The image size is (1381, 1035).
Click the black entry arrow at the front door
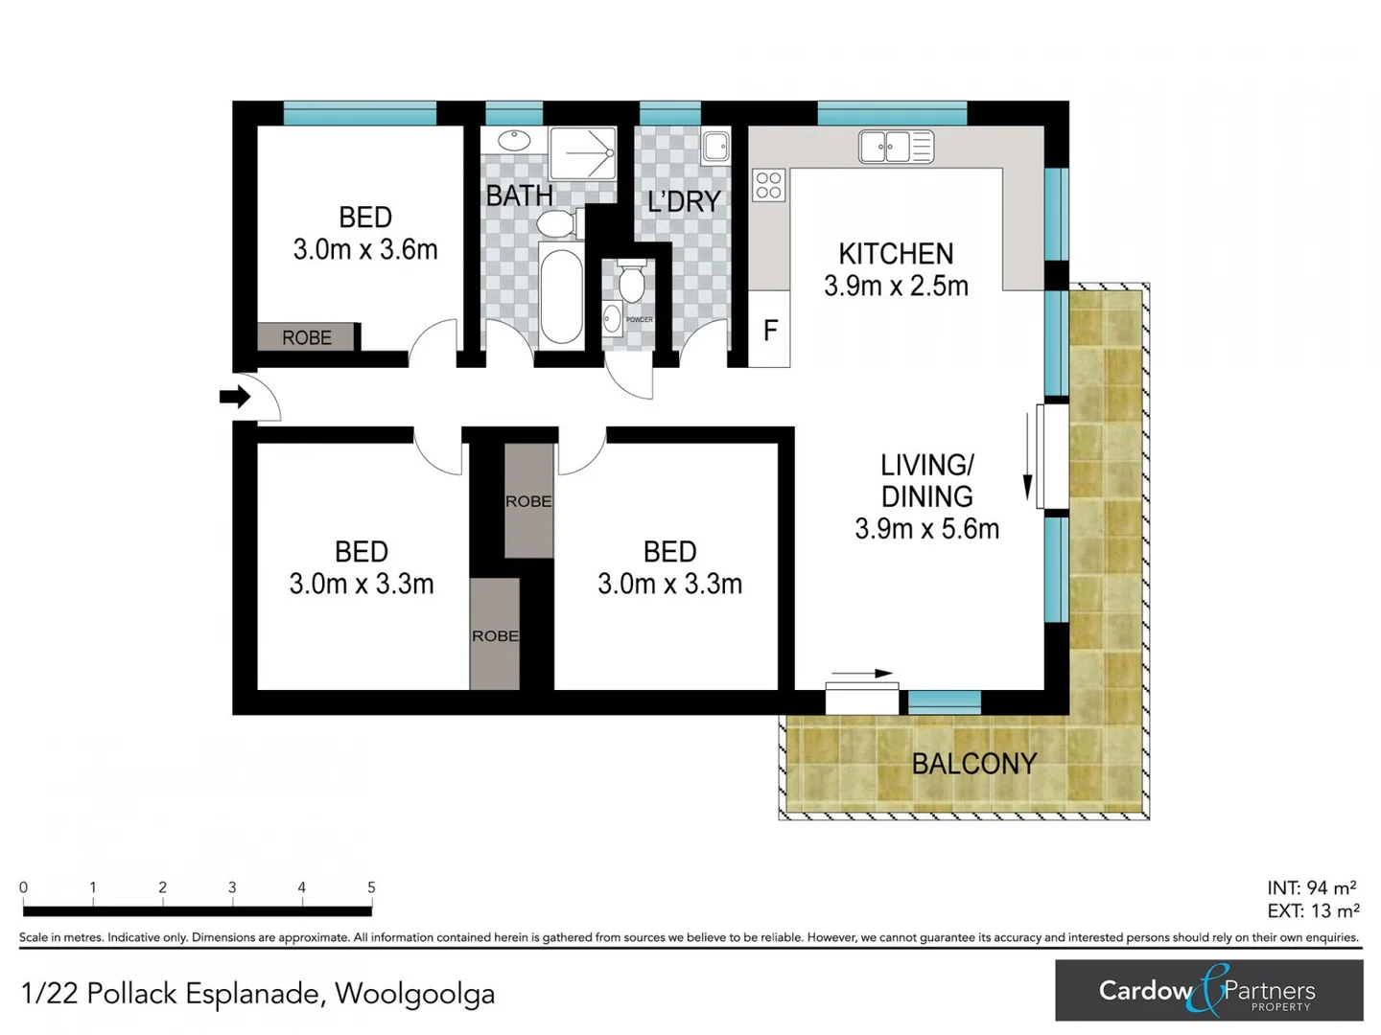tap(235, 397)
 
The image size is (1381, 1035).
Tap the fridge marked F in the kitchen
tap(769, 329)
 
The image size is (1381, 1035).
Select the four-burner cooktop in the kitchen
tap(768, 185)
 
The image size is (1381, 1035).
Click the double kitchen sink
tap(896, 147)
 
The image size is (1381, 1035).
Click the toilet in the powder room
tap(631, 281)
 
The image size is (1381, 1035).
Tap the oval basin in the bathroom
tap(515, 140)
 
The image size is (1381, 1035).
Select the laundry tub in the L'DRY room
tap(715, 147)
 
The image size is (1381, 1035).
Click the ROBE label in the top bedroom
tap(306, 338)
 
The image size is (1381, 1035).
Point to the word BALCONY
tap(974, 764)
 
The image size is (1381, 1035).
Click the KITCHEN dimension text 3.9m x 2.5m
tap(896, 286)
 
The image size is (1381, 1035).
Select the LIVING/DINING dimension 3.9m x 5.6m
tap(926, 528)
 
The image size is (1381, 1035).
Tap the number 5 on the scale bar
tap(371, 886)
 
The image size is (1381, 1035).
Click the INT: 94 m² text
tap(1312, 887)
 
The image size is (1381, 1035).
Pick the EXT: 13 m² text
tap(1313, 910)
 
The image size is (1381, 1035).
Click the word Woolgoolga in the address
tap(415, 995)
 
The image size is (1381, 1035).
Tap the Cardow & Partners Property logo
tap(1208, 990)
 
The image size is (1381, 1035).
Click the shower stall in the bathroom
tap(582, 153)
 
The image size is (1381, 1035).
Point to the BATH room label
tap(519, 196)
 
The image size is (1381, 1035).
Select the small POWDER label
tap(640, 320)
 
